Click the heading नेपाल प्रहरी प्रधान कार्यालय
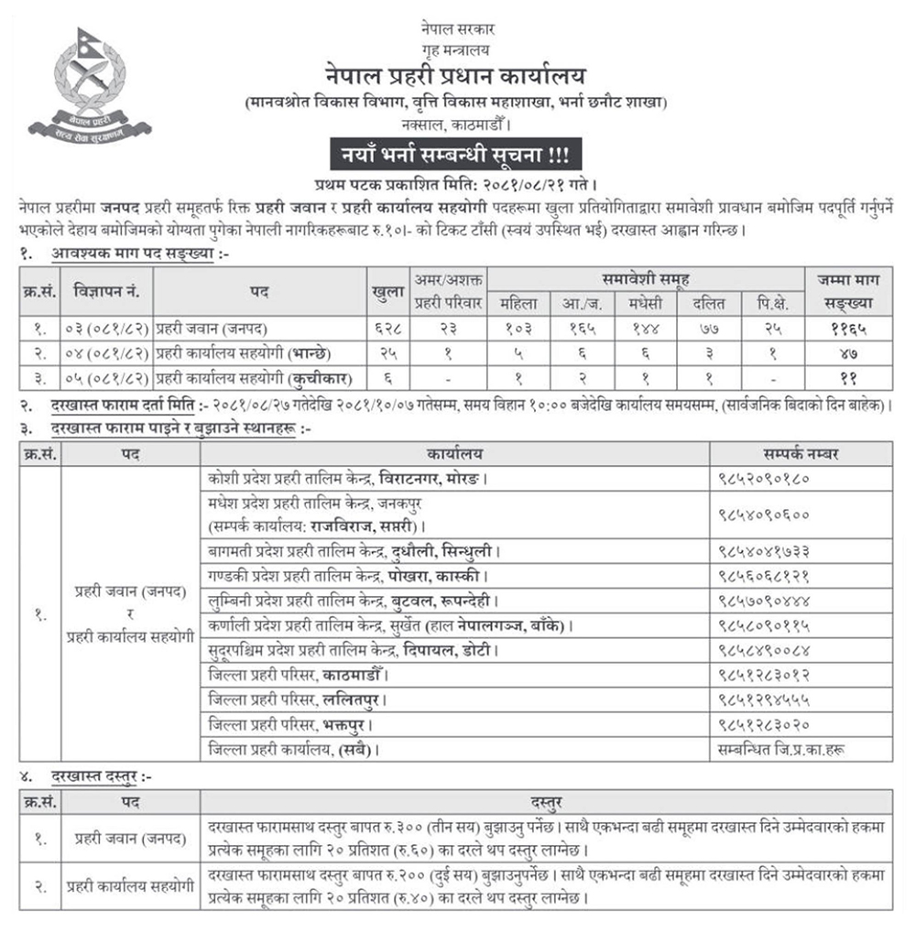click(x=455, y=73)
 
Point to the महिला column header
click(x=518, y=303)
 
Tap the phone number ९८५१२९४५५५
click(x=764, y=700)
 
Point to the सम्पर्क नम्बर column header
click(x=800, y=453)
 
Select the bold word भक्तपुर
click(x=350, y=725)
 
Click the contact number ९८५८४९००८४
click(x=764, y=651)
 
